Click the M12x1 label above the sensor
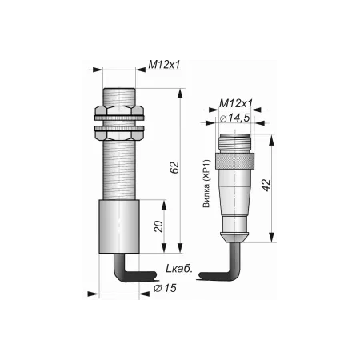164,65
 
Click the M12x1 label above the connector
235,103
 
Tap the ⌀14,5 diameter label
235,118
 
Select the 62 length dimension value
174,167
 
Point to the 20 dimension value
159,226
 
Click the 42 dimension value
266,185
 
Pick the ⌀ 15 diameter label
165,288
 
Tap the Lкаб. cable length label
179,269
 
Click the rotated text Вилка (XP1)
206,183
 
